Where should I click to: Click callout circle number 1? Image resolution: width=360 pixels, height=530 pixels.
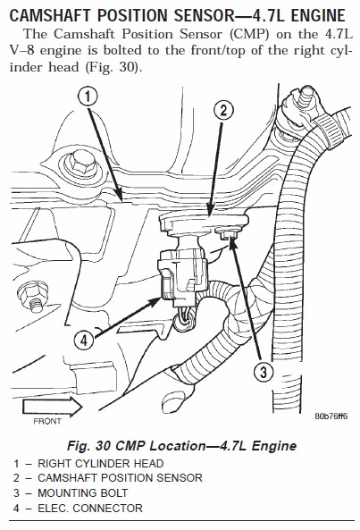pos(88,97)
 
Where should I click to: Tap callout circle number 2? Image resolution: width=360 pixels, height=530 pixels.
pos(223,111)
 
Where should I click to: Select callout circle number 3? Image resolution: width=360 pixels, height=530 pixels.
pos(264,372)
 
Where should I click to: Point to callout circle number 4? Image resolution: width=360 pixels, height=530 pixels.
pos(84,340)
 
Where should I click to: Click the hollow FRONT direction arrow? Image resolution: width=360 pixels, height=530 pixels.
pos(53,407)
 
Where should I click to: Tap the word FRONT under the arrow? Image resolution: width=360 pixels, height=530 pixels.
pos(47,422)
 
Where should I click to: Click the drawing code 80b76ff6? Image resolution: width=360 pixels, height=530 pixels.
pos(331,416)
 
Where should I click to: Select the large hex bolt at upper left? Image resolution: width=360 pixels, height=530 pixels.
pos(80,164)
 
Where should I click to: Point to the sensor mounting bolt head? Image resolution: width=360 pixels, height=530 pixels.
pos(228,233)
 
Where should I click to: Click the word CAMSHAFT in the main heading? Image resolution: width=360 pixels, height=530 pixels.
pos(51,15)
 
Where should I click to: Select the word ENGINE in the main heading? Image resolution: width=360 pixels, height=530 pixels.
pos(318,15)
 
